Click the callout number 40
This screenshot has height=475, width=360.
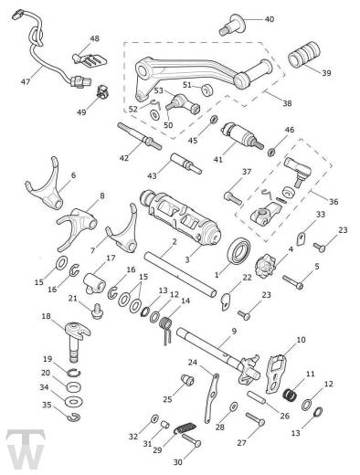click(x=270, y=19)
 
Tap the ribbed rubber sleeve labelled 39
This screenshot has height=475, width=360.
click(x=304, y=54)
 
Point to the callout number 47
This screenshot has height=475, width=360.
click(x=26, y=81)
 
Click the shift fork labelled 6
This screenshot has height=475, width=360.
click(x=45, y=185)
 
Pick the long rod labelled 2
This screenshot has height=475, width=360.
click(x=180, y=274)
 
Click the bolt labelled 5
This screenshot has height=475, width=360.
click(x=293, y=282)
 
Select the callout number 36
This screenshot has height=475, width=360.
click(x=334, y=201)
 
